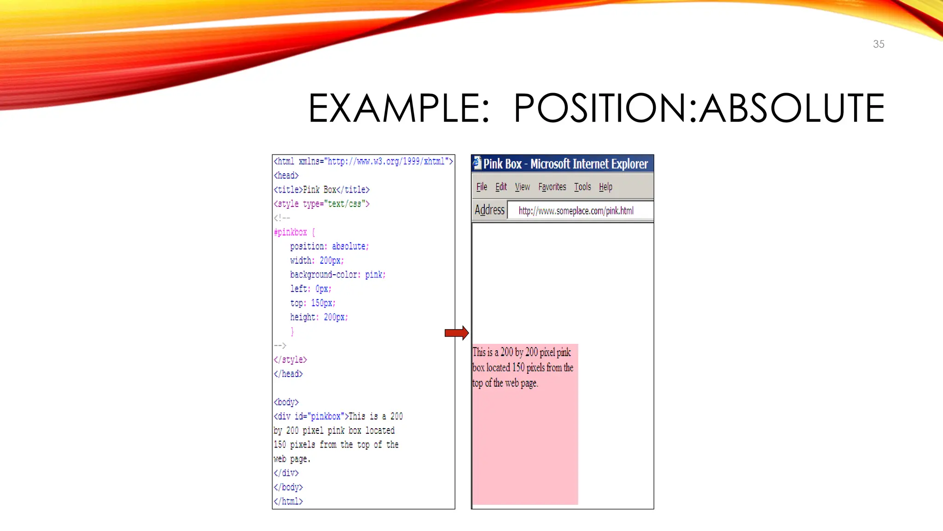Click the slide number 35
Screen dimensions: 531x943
[x=878, y=44]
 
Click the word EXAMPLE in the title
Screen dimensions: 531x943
[x=399, y=108]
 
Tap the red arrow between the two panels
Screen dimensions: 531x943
[x=456, y=333]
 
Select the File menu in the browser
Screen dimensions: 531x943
[x=482, y=187]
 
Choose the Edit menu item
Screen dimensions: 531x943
[x=501, y=187]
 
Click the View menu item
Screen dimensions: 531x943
[x=522, y=187]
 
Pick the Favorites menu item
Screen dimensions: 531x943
[x=552, y=187]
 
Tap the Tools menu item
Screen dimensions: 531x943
[x=582, y=187]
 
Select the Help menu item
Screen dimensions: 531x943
[x=605, y=187]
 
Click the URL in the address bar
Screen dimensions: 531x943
[x=576, y=211]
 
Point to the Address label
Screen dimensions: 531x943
[x=489, y=210]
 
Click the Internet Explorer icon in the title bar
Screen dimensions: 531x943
[x=477, y=163]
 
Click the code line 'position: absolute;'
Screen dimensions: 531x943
[x=329, y=246]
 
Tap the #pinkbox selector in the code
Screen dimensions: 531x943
[x=291, y=232]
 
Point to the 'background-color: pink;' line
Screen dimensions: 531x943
[x=338, y=275]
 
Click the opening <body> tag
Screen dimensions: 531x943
[x=286, y=402]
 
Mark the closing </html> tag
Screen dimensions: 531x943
[x=288, y=501]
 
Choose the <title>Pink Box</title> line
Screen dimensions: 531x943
[x=321, y=189]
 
